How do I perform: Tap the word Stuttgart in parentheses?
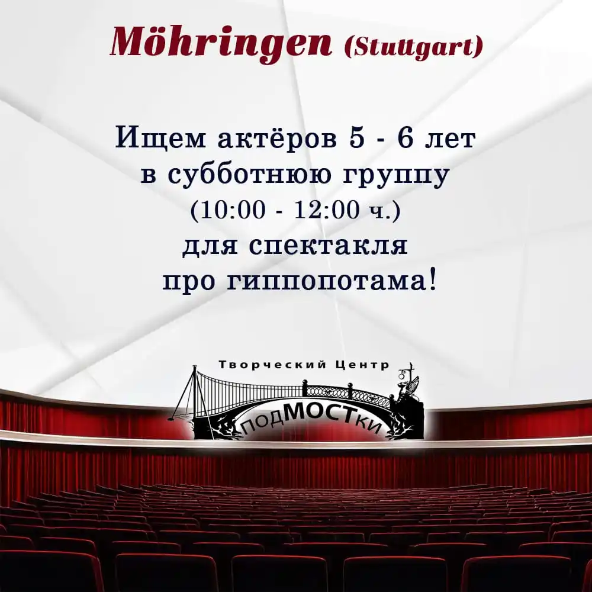pos(413,48)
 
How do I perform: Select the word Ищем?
pos(160,137)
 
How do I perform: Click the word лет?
pos(450,139)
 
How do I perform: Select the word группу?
pos(397,176)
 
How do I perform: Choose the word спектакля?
pos(328,246)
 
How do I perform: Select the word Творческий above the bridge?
pos(272,365)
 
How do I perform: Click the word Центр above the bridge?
pos(362,365)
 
